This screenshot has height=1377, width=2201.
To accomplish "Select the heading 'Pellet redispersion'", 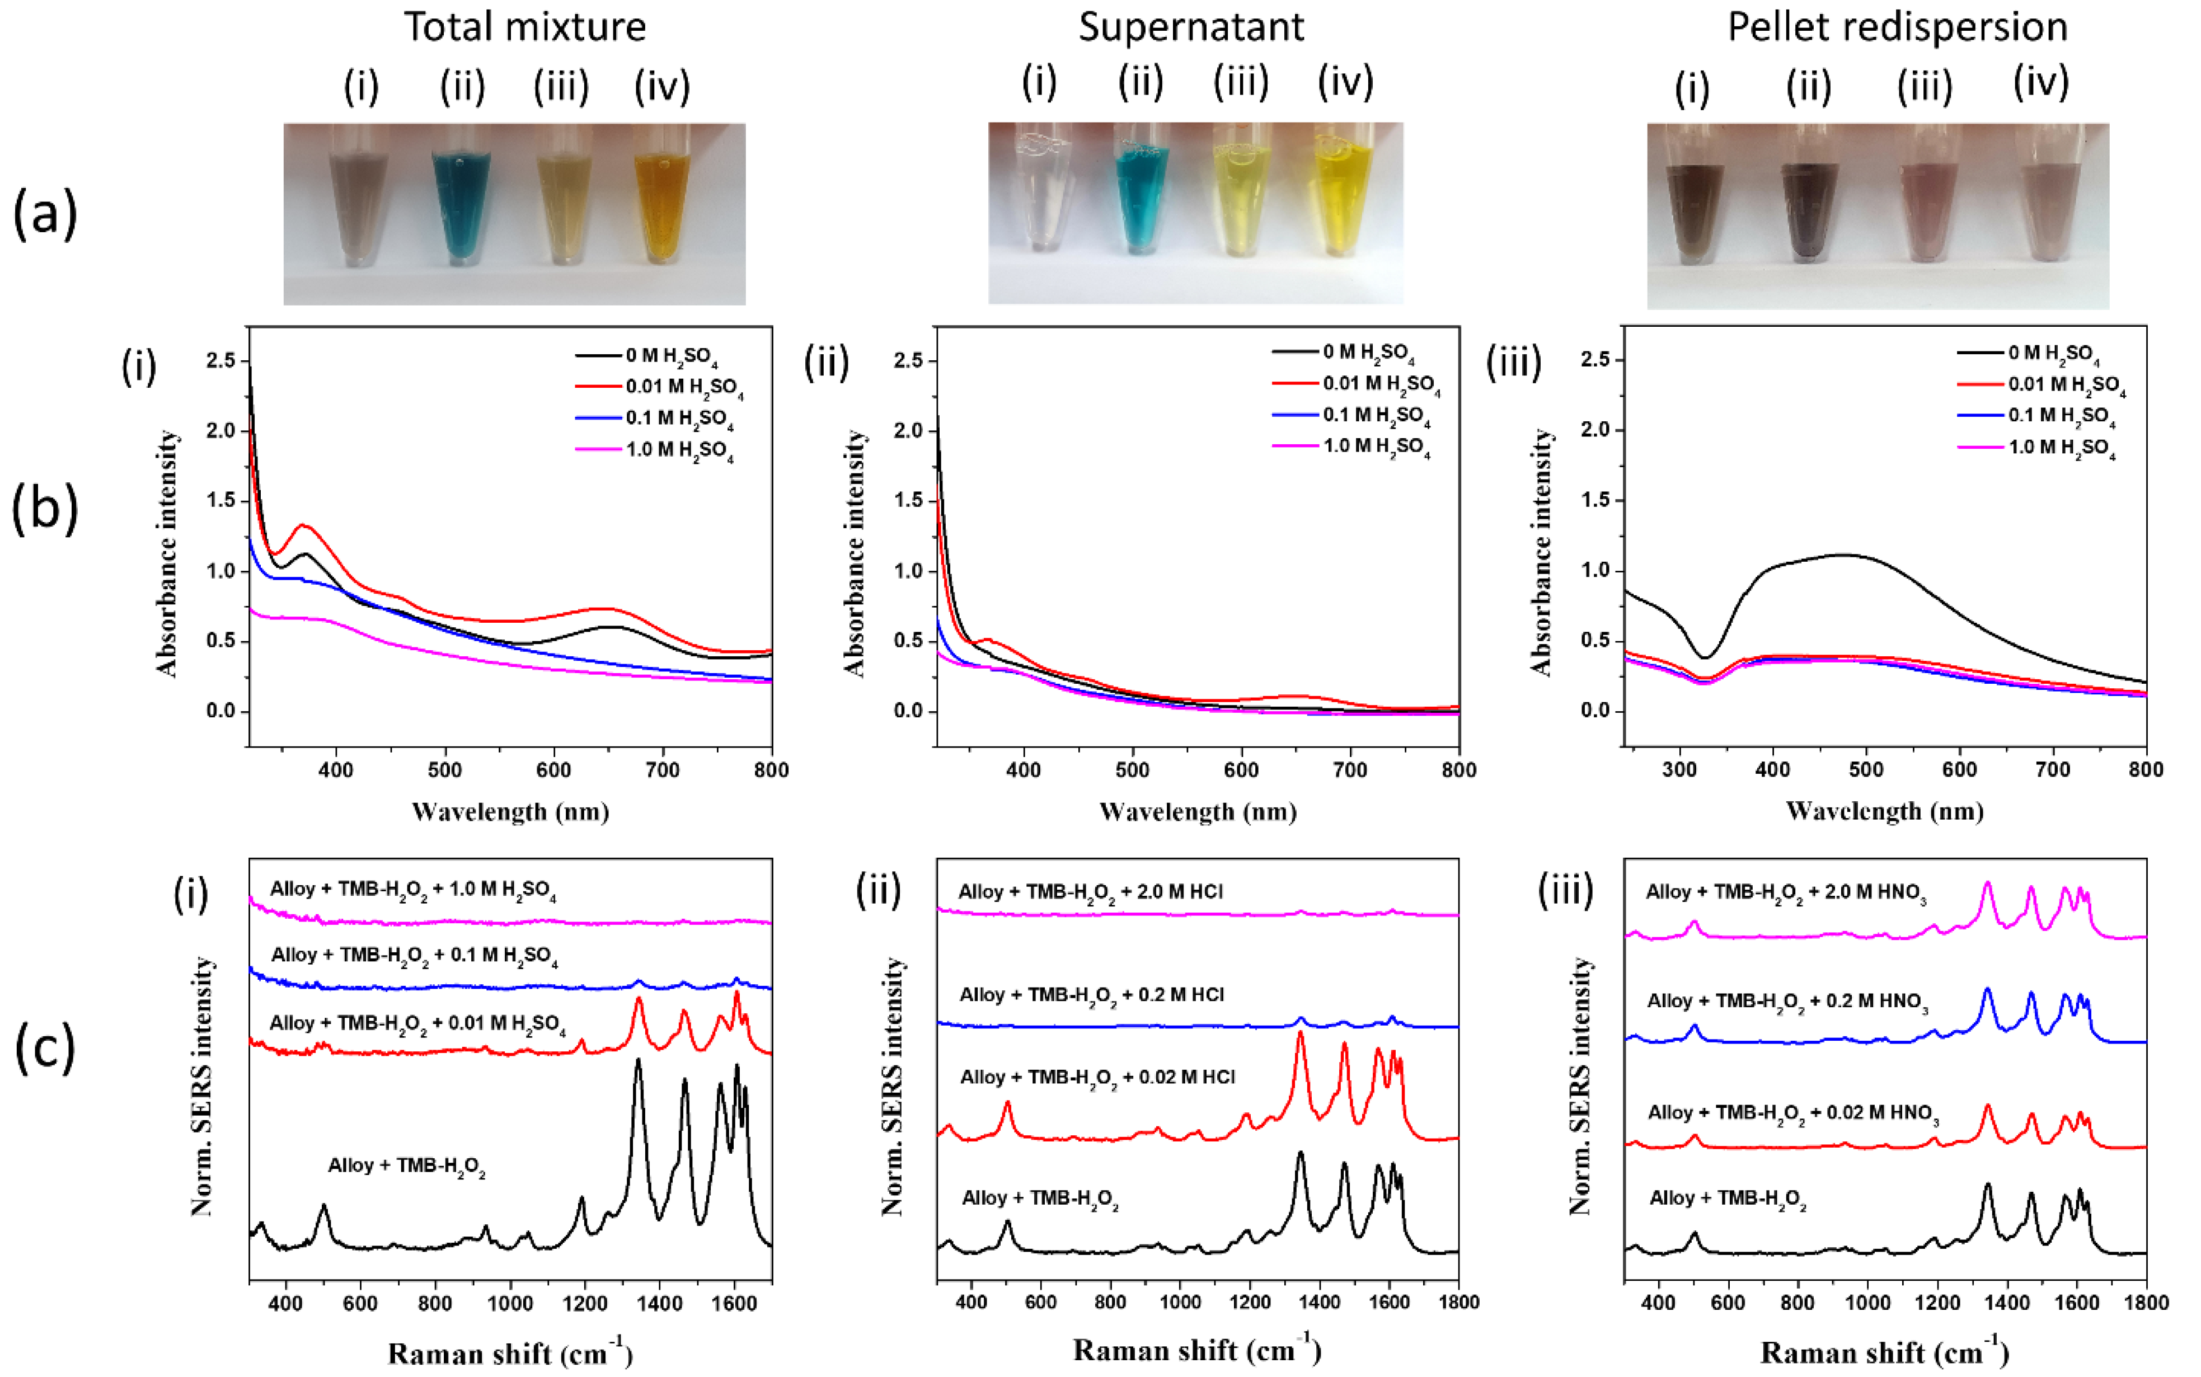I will point(1897,27).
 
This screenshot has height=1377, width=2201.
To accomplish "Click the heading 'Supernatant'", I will point(1190,27).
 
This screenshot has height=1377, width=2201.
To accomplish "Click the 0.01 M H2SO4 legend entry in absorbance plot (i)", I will point(683,387).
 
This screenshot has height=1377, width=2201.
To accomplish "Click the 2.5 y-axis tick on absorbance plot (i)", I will point(220,361).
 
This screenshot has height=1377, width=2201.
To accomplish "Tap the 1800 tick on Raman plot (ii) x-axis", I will point(1458,1303).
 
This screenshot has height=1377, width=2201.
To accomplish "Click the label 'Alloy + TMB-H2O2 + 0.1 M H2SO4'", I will point(414,955).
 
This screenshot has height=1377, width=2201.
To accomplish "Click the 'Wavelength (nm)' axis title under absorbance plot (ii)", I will point(1198,811).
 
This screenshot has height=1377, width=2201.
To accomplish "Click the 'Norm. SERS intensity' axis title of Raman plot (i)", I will point(202,1085).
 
